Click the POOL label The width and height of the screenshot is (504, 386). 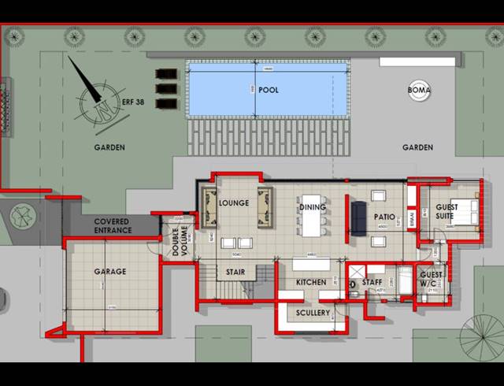[x=268, y=91]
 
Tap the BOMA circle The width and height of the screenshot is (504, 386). [x=419, y=91]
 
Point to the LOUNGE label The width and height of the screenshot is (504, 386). [x=234, y=203]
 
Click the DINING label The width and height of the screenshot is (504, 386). [x=312, y=207]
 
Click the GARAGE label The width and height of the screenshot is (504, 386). [x=110, y=272]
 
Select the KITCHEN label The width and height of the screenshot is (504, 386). [x=310, y=282]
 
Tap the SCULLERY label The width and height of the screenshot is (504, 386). [x=313, y=313]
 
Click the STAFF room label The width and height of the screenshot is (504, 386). [x=372, y=281]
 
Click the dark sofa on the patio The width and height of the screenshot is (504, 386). [x=358, y=218]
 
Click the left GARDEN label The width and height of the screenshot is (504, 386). [x=109, y=147]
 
